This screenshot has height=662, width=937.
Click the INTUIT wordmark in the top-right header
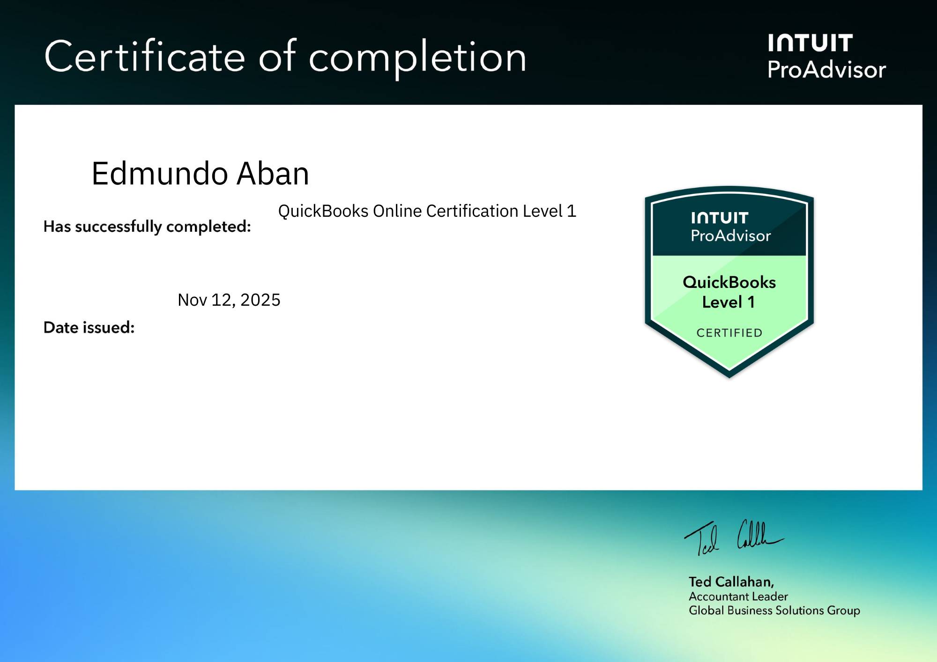810,43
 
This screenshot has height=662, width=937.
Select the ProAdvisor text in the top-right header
826,70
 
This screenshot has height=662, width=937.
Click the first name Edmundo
159,174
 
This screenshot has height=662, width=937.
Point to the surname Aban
273,174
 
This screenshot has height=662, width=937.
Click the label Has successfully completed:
147,227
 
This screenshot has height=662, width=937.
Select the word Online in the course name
397,211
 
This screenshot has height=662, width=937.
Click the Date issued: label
89,327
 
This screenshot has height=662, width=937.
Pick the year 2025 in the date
260,300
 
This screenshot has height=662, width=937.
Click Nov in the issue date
192,300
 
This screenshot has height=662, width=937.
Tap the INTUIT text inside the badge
719,218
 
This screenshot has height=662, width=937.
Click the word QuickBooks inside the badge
729,282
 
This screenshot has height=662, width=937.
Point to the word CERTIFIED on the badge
729,333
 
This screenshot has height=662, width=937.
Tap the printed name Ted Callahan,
731,581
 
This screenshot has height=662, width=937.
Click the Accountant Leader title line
738,596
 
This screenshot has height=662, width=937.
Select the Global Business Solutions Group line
774,611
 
